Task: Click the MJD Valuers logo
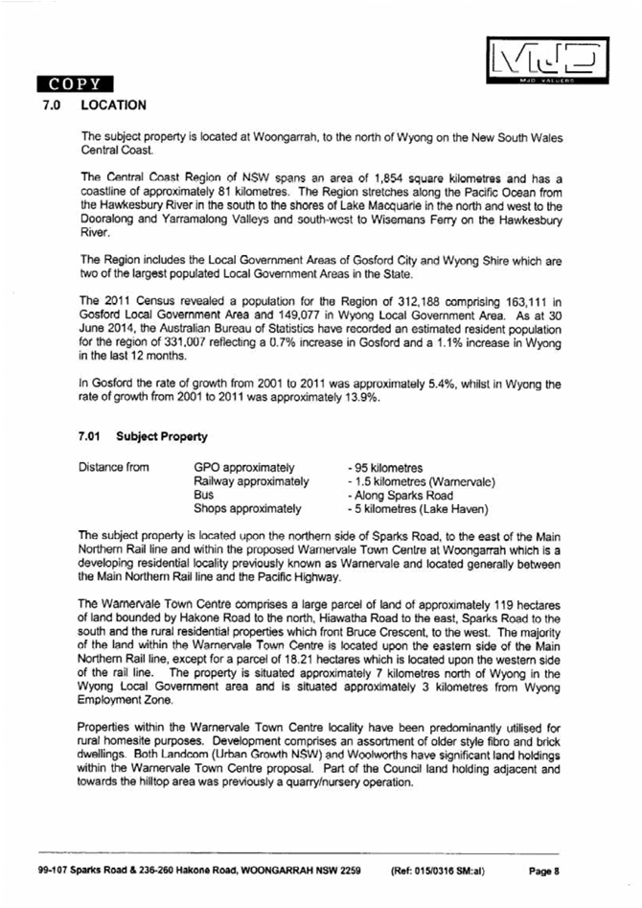(x=547, y=61)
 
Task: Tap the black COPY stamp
(x=74, y=83)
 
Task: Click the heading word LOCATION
(x=114, y=105)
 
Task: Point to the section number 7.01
(x=92, y=436)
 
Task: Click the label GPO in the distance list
(x=207, y=467)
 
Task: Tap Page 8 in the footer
(x=542, y=871)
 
